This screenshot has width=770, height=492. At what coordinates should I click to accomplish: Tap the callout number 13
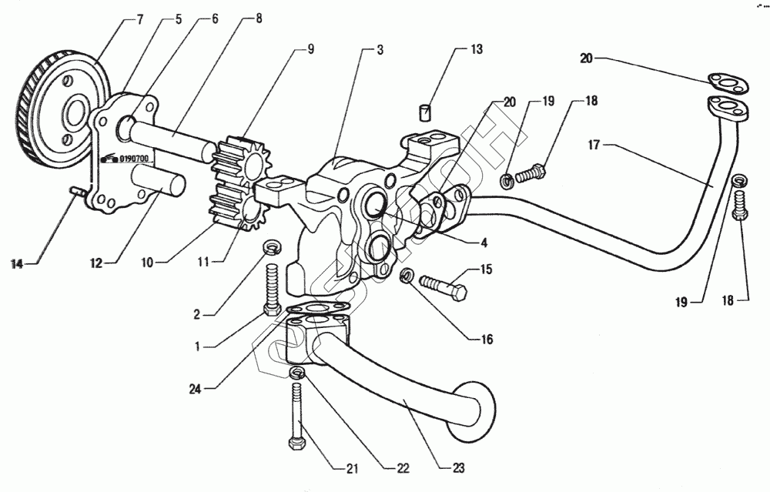point(477,50)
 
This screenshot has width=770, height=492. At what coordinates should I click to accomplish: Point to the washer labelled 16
point(406,275)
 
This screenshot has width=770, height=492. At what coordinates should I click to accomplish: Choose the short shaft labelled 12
point(157,186)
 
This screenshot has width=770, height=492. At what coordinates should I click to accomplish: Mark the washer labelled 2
point(272,246)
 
